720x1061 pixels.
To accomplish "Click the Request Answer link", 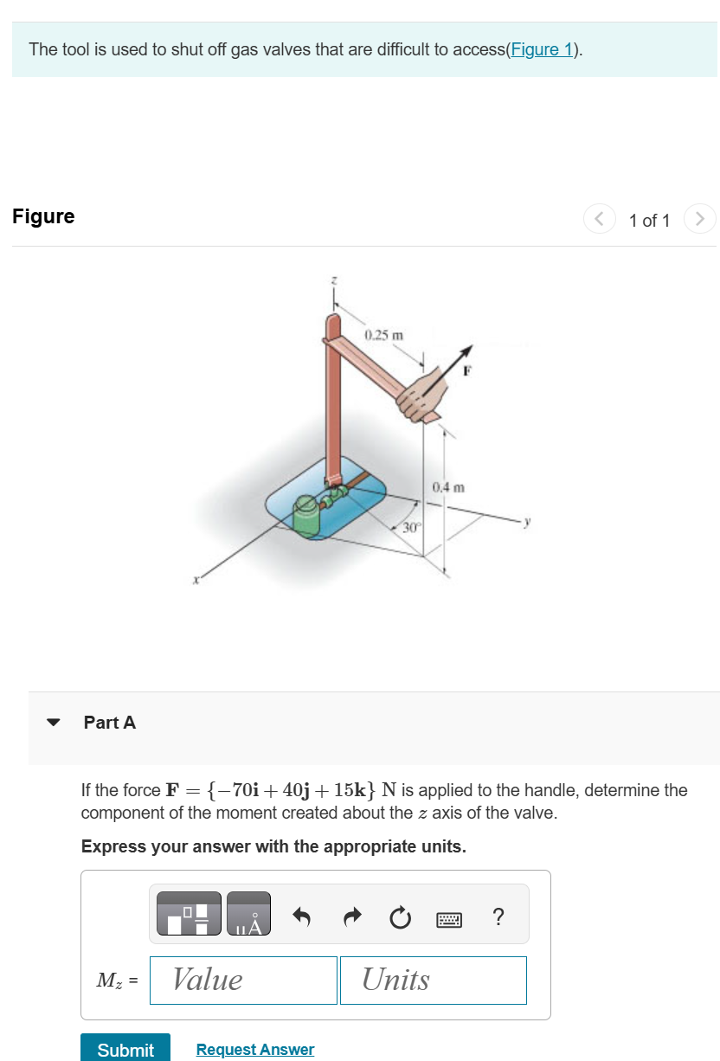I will coord(254,1049).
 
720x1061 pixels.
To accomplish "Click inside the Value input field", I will coord(243,980).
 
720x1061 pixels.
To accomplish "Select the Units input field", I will coord(433,980).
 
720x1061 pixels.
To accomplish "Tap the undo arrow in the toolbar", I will coord(301,916).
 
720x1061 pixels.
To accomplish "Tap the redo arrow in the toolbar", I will coord(350,916).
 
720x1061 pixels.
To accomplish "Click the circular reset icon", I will coord(399,916).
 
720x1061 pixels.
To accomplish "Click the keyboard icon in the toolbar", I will coord(448,916).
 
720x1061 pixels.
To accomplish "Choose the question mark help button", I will coord(498,916).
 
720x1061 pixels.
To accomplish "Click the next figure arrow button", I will coord(699,219).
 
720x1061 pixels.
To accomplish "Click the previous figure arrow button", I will coord(599,219).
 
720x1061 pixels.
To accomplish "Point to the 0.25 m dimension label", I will coord(383,335).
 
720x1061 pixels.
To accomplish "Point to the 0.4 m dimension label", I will coord(449,488).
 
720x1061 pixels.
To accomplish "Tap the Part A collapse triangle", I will coord(54,723).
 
